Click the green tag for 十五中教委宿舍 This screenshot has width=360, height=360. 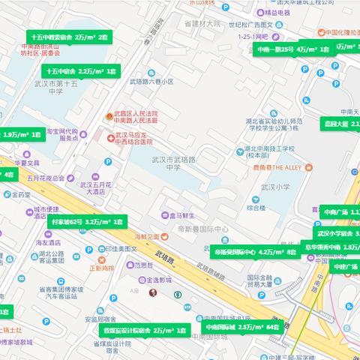pos(69,36)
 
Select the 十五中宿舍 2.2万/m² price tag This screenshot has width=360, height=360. pos(80,70)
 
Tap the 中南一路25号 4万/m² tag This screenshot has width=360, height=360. pos(293,49)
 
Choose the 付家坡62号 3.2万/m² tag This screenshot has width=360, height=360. pos(87,222)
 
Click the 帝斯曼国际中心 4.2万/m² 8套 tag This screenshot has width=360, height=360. pos(255,253)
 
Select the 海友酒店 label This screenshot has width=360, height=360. pos(49,242)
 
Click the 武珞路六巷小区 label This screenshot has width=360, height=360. pos(152,81)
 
